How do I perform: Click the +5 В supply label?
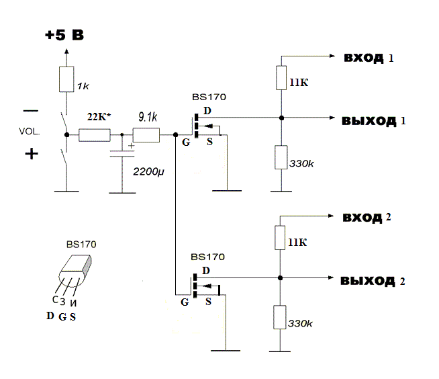[64, 35]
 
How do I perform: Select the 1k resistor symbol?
[66, 79]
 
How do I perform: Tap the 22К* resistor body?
[95, 135]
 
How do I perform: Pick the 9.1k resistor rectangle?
[146, 135]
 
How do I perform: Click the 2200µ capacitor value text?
[148, 171]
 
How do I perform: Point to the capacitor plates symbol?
[122, 154]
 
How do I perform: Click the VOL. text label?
[30, 132]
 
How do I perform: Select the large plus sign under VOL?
[32, 154]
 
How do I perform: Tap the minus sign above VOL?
[31, 111]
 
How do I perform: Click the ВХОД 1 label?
[369, 58]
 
